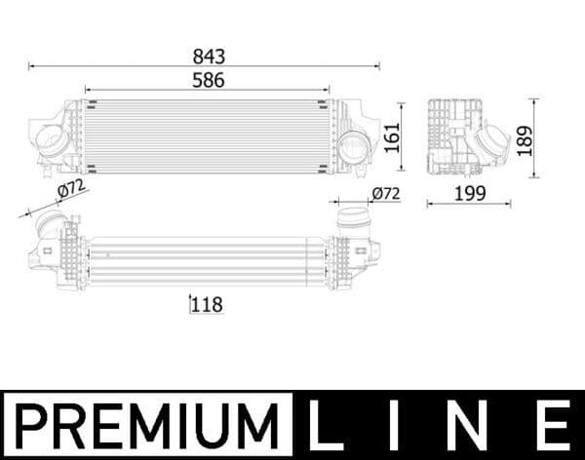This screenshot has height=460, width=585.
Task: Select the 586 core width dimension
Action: (x=208, y=81)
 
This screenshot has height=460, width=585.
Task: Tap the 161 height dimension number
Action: (x=390, y=138)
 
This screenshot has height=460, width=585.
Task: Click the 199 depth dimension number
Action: (x=470, y=194)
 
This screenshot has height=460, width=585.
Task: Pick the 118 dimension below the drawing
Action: (x=208, y=305)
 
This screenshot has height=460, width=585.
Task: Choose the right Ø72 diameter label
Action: (x=386, y=194)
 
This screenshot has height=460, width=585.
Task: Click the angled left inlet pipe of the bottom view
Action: (x=49, y=234)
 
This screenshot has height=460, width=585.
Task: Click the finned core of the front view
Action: (x=208, y=136)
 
